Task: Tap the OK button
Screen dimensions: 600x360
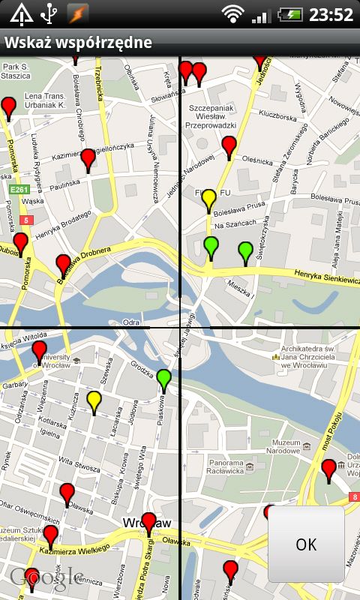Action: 306,544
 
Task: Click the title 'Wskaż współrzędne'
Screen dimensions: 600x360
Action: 78,43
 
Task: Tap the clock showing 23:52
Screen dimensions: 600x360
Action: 331,14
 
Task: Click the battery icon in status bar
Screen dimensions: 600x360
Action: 289,14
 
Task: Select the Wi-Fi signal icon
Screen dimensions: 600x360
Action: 233,14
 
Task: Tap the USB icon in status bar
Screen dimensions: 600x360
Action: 49,13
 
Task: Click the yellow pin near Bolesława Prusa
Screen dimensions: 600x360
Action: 209,199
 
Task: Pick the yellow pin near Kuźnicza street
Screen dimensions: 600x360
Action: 94,401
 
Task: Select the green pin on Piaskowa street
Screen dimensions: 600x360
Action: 164,379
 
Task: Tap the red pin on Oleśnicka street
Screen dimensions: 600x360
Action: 229,146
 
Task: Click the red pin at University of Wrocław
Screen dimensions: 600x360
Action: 39,351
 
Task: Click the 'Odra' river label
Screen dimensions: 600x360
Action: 131,322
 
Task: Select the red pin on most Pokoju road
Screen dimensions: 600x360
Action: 328,469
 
